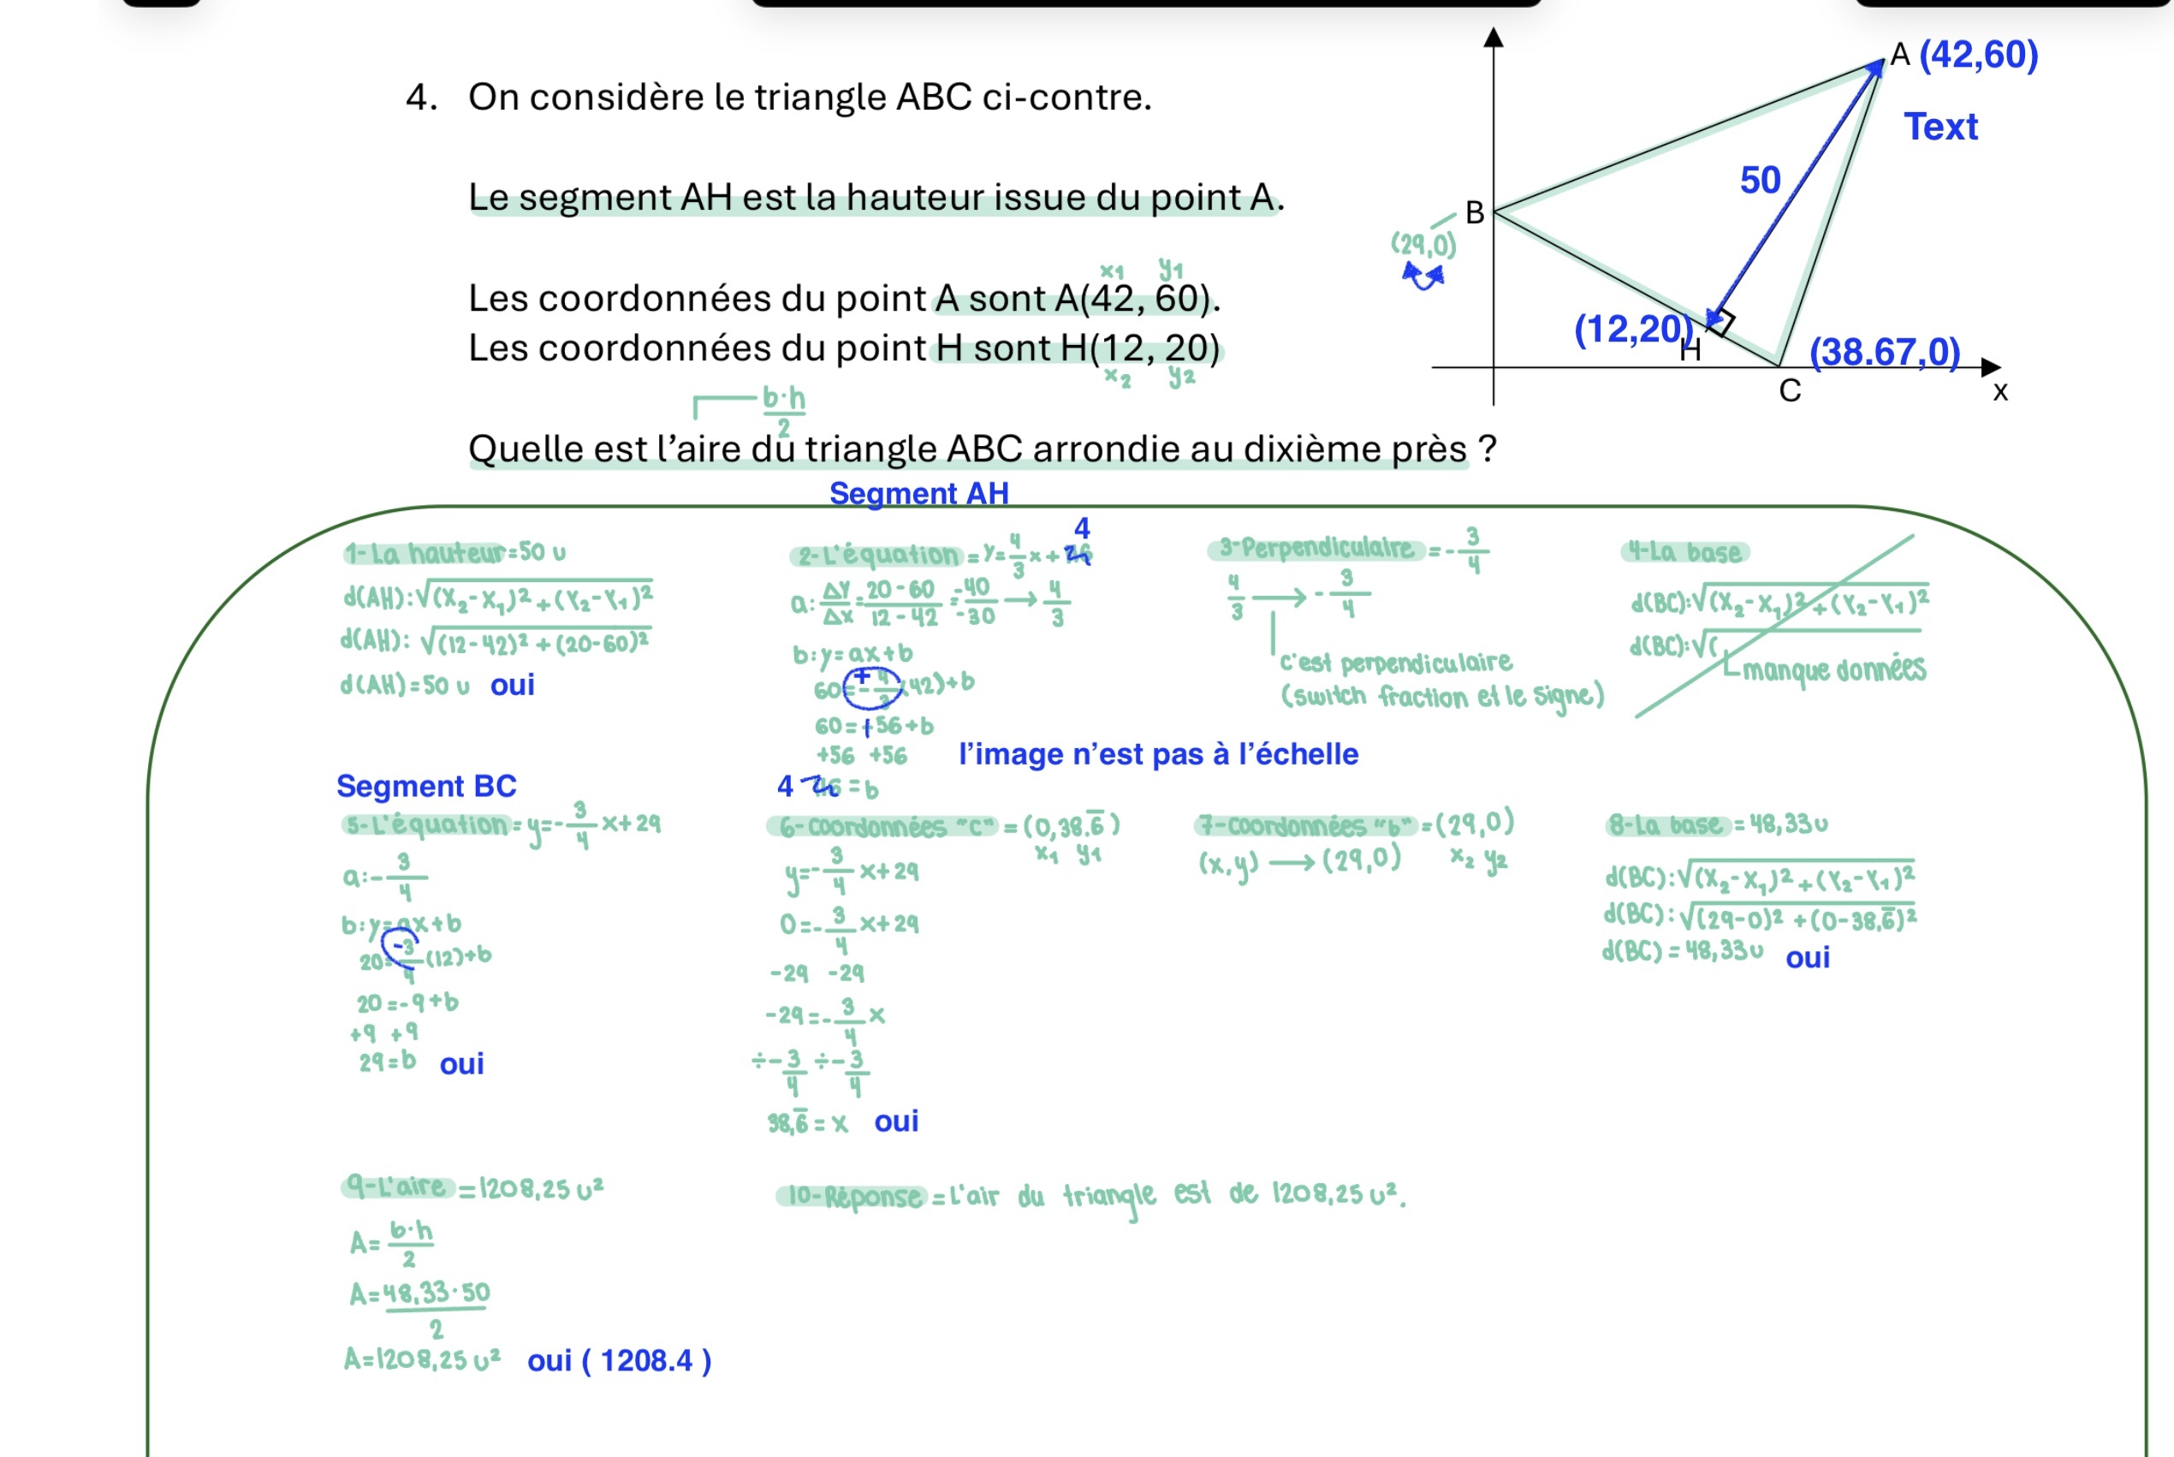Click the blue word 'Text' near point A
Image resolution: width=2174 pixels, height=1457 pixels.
pos(1941,127)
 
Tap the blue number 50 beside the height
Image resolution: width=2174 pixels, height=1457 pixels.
pos(1760,181)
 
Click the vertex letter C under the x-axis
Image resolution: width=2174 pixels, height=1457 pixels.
pos(1790,391)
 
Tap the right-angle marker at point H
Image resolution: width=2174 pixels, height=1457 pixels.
pos(1721,323)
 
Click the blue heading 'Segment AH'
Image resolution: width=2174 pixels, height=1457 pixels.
pos(918,493)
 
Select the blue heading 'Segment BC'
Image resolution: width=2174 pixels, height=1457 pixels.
pos(425,786)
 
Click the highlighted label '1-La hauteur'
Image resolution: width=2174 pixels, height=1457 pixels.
pos(425,554)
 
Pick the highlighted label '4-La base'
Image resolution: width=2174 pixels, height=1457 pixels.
pos(1685,553)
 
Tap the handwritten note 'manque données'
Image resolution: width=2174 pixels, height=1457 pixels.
pos(1833,669)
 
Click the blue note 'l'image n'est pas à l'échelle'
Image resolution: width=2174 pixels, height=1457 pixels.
pos(1157,753)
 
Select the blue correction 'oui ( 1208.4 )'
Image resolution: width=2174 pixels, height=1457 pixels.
pos(619,1360)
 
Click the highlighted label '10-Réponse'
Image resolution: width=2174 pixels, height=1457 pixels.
pos(852,1197)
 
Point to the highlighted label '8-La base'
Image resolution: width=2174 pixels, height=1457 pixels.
pos(1666,825)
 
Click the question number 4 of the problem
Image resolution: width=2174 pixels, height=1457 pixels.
pos(421,98)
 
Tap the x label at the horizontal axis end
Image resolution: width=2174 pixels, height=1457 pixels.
pos(2000,392)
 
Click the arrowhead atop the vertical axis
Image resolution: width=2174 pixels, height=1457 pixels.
pos(1493,39)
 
